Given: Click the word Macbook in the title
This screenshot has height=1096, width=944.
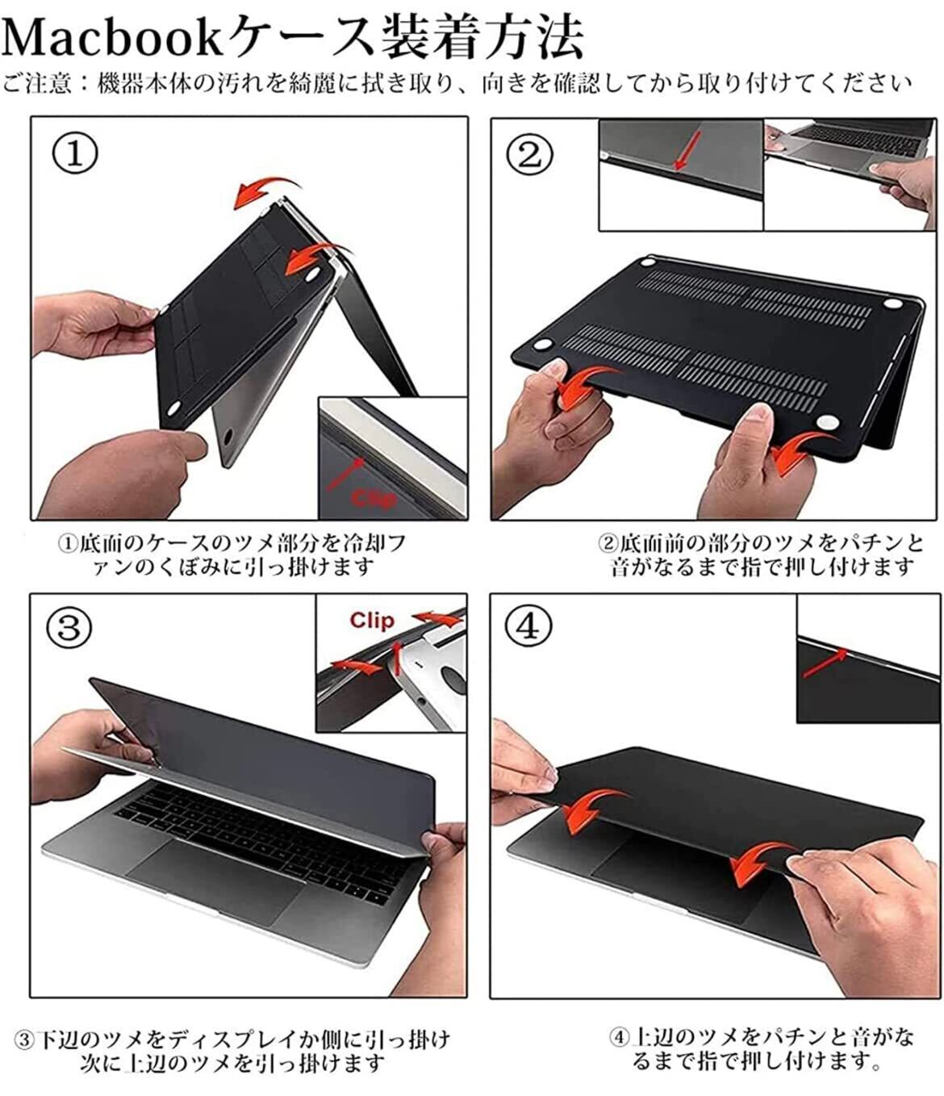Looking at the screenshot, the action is pos(112,38).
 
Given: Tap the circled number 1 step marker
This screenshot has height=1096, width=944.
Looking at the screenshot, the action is pos(74,153).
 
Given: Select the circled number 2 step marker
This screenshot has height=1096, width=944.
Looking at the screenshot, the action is pos(530,154).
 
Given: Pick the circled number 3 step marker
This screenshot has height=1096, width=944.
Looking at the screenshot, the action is pos(69,628).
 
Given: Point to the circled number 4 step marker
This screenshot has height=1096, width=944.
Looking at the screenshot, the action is pos(528,627).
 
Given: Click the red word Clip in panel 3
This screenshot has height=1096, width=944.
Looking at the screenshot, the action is pos(372,620).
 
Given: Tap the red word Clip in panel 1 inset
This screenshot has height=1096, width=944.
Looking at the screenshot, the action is pos(373,499).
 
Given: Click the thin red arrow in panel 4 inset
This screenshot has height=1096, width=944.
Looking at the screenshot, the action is pos(825,663).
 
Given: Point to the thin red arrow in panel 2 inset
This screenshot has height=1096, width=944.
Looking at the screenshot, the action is pos(687,151).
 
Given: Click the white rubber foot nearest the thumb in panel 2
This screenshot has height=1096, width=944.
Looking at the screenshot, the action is pos(827,421).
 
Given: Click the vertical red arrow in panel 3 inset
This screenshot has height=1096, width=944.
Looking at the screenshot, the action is pos(397,658).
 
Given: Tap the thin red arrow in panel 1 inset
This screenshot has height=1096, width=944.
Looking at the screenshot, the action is pos(345,474).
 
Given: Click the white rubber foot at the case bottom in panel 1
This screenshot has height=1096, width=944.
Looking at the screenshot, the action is pos(173,408).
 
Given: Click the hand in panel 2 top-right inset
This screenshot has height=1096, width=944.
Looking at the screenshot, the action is pos(903,191).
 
